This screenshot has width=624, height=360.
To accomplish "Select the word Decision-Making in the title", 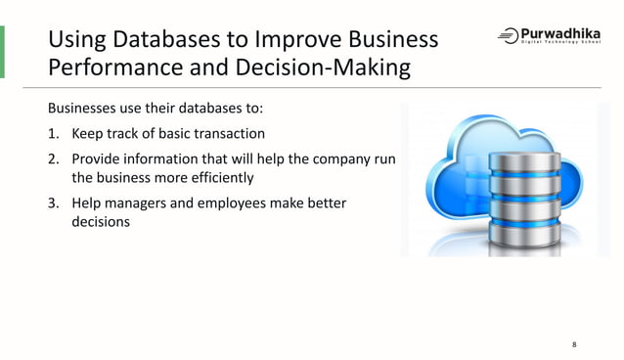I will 334,68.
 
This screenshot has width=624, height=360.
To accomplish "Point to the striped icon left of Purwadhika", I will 508,36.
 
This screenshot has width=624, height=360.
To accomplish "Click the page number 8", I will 574,344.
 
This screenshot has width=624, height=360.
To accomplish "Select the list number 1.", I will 53,134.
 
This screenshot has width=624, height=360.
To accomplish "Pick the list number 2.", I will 53,158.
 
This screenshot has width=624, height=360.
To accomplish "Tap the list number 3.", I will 53,202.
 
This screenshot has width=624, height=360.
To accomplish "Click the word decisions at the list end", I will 101,222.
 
